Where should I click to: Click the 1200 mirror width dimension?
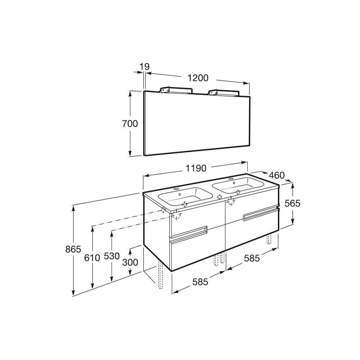click(198, 78)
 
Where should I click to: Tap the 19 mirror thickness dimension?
click(144, 67)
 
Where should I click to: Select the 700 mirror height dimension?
click(130, 124)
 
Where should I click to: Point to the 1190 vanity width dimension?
click(196, 168)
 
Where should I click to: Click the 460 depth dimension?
click(276, 175)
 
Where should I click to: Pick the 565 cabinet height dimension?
click(292, 203)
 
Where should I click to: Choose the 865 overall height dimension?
click(73, 249)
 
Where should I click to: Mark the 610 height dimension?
click(92, 258)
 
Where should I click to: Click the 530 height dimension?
click(112, 256)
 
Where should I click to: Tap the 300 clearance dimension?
click(130, 262)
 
